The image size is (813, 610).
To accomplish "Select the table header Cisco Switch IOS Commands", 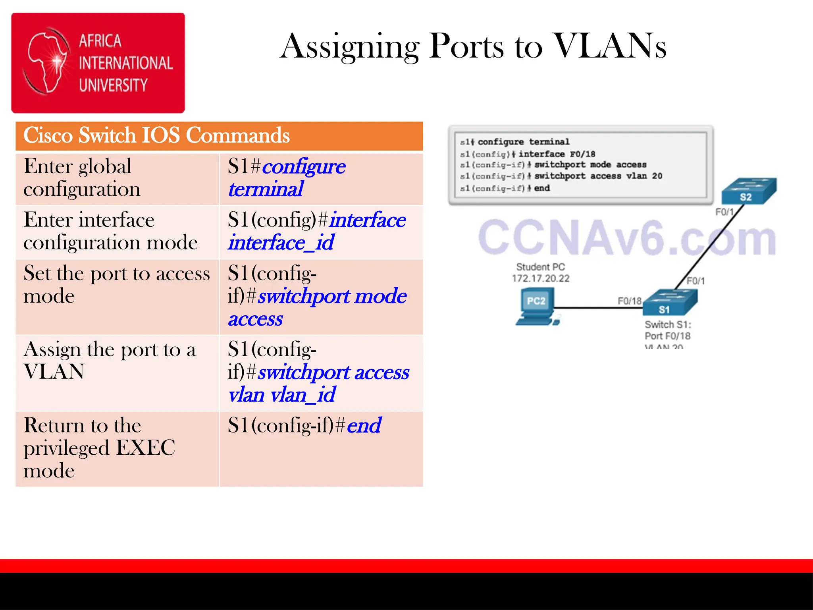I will coord(157,135).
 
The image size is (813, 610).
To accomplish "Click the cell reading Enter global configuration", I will coord(82,178).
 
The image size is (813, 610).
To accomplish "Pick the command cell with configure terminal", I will coord(287,178).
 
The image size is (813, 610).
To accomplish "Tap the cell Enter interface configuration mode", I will coord(110,231).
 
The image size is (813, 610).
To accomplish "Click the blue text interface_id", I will coord(281,243).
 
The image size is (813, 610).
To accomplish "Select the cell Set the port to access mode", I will coord(117,284).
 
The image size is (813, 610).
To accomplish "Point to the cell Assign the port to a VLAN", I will coord(110,361).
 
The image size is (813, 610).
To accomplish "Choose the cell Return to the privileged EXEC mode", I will coord(99,448).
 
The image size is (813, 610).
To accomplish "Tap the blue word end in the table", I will coord(364,426).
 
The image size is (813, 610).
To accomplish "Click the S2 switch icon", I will coord(748,191).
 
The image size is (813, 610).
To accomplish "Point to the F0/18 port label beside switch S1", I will coord(629,301).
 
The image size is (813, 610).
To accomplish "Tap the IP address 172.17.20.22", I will coord(540,278).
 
